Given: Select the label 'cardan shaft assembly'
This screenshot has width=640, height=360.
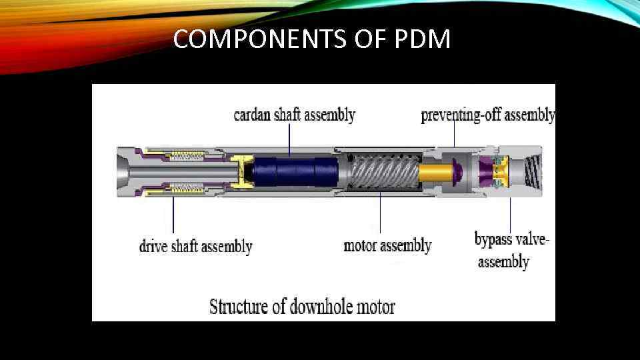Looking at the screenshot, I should [x=294, y=115].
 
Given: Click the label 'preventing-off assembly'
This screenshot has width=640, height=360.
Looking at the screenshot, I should [x=487, y=115].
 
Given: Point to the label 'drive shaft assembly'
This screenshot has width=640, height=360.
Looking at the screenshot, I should [x=195, y=247].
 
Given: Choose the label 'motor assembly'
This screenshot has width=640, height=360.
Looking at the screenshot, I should [x=387, y=246].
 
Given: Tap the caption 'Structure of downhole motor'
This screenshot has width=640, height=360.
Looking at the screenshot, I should [x=302, y=307].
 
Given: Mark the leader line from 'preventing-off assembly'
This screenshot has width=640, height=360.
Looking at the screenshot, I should [x=454, y=133].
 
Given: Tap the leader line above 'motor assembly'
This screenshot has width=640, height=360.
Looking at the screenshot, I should [x=381, y=213].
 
